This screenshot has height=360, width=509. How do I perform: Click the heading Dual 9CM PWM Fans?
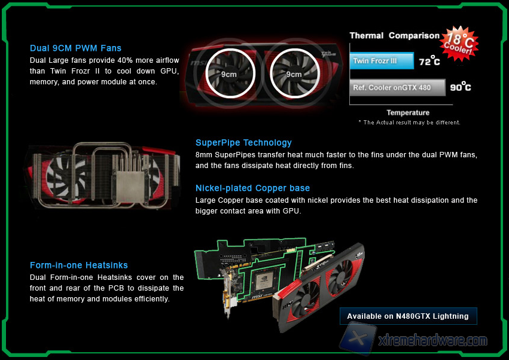(75, 48)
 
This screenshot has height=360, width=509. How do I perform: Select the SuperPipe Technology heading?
(243, 143)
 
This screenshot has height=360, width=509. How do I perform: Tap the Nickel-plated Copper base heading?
(252, 188)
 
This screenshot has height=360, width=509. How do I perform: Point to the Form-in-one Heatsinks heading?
(78, 265)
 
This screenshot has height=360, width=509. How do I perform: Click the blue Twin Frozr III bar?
(382, 61)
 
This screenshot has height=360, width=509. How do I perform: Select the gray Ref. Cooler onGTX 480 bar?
(397, 88)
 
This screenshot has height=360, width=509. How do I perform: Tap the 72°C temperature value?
(429, 61)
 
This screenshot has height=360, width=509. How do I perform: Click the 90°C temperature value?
(461, 87)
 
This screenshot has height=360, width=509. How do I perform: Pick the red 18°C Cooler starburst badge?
(459, 44)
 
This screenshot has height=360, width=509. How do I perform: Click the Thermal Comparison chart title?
(394, 35)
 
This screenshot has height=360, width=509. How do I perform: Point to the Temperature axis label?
(408, 112)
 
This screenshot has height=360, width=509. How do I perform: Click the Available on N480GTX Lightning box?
(408, 316)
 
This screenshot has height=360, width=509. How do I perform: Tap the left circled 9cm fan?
(230, 74)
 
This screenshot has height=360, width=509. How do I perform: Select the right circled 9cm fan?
(295, 74)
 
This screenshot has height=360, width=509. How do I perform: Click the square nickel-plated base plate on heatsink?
(130, 187)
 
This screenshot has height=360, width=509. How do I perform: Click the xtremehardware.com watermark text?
(433, 340)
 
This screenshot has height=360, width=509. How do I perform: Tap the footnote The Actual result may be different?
(409, 123)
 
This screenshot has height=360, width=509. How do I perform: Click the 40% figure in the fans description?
(124, 60)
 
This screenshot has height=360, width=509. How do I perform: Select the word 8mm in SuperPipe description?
(203, 155)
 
